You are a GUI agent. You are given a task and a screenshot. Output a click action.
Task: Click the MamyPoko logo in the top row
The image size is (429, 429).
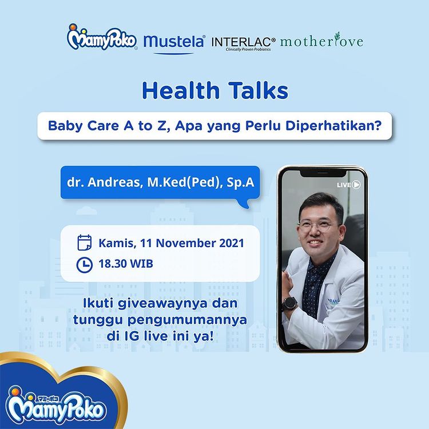coord(101,38)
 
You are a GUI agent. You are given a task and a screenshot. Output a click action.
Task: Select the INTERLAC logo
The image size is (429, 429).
coord(243,43)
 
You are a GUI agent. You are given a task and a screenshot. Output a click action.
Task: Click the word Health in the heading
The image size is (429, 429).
coord(181,90)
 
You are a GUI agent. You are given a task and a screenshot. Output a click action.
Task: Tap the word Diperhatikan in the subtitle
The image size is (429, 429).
coord(333,126)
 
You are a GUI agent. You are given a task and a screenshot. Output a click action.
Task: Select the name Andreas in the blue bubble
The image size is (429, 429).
coord(115,182)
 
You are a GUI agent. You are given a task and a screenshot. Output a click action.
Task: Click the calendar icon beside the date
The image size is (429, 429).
coord(85,243)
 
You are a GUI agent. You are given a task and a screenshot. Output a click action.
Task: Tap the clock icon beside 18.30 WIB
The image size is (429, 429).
coord(84,265)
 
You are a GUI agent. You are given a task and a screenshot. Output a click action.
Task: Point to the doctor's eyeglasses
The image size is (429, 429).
coord(319,227)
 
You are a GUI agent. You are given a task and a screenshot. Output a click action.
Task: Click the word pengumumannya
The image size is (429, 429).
coord(187,320)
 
